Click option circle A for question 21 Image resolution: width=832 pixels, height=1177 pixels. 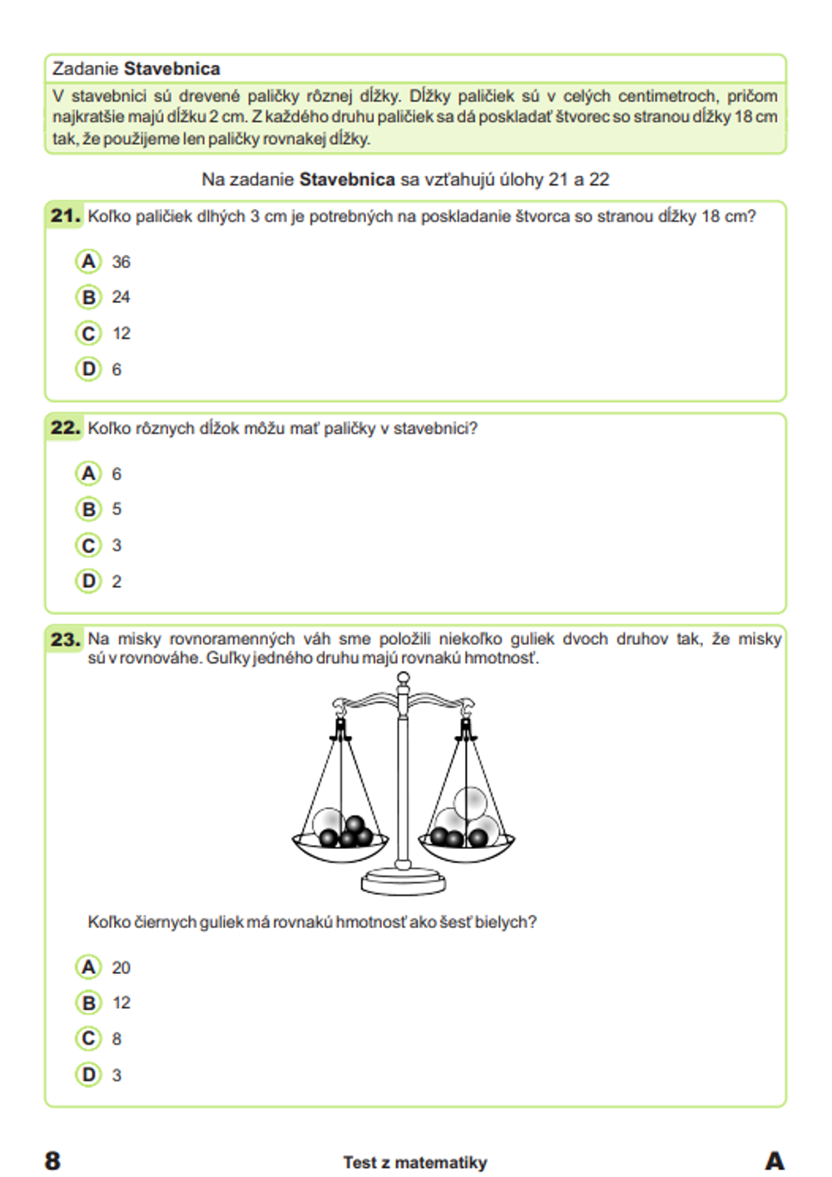coord(88,261)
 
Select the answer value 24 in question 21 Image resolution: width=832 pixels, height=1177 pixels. coord(121,297)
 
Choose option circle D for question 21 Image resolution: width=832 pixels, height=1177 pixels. coord(88,369)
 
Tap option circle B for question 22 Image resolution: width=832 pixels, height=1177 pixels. coord(88,509)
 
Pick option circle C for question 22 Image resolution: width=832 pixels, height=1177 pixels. coord(88,545)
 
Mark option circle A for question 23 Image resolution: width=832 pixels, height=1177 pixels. coord(88,967)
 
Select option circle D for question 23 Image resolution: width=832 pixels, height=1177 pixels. coord(88,1075)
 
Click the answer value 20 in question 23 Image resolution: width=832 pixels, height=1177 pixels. coord(121,967)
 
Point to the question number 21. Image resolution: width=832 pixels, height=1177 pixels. coord(65,216)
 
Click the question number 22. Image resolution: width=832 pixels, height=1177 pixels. coord(65,428)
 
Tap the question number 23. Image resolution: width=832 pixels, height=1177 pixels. coord(65,639)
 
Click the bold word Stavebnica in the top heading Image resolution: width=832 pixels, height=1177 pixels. coord(172,68)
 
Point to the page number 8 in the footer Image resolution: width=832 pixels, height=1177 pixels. coord(52,1160)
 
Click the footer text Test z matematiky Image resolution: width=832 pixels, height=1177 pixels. coord(414,1162)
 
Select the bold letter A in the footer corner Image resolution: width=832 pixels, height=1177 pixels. coord(774,1160)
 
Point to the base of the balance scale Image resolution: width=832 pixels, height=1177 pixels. coord(404,880)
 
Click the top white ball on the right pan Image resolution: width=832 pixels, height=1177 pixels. coord(471,802)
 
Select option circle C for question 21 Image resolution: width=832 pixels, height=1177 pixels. coord(88,333)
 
